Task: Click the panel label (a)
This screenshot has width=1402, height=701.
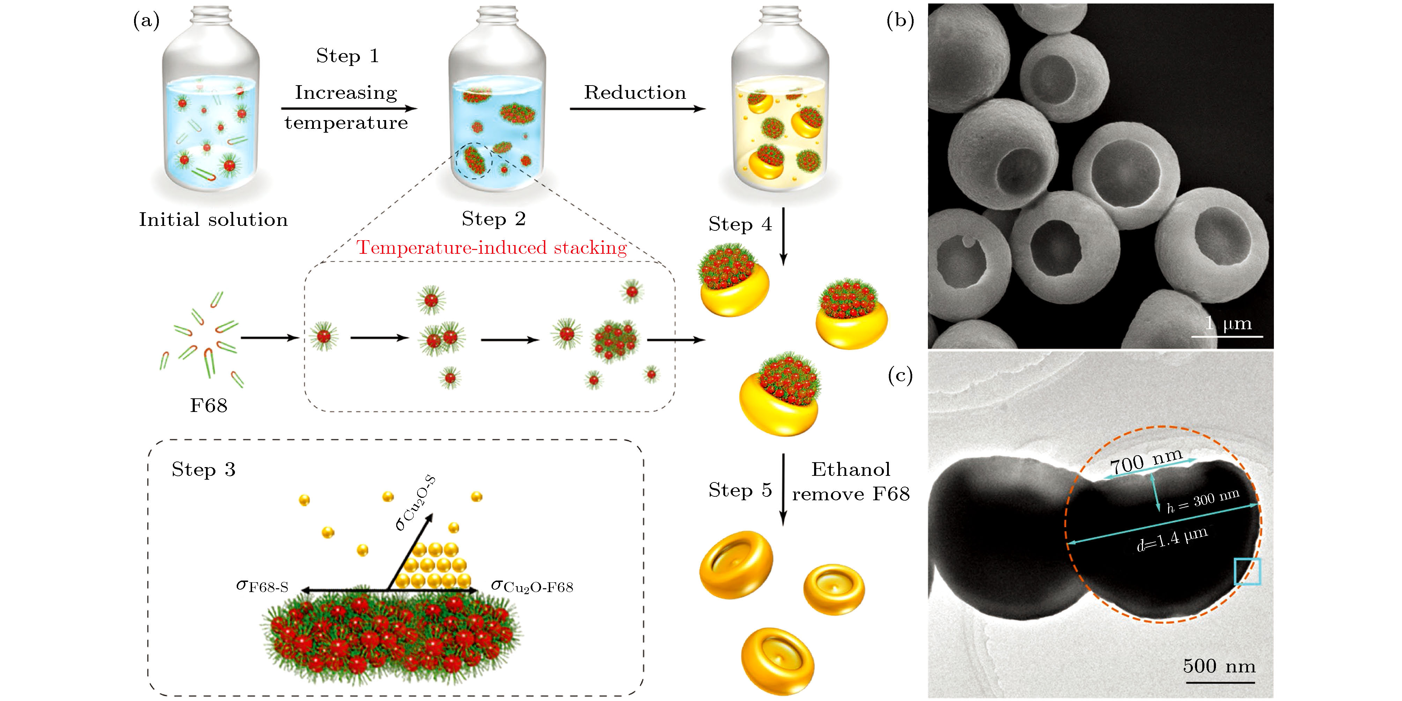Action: tap(146, 21)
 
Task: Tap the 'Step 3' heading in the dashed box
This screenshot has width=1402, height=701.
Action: tap(204, 470)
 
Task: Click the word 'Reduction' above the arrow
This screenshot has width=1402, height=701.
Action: tap(635, 93)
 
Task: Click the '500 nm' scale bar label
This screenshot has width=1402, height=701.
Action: tap(1219, 666)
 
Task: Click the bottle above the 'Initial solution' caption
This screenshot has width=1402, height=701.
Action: tap(211, 103)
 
